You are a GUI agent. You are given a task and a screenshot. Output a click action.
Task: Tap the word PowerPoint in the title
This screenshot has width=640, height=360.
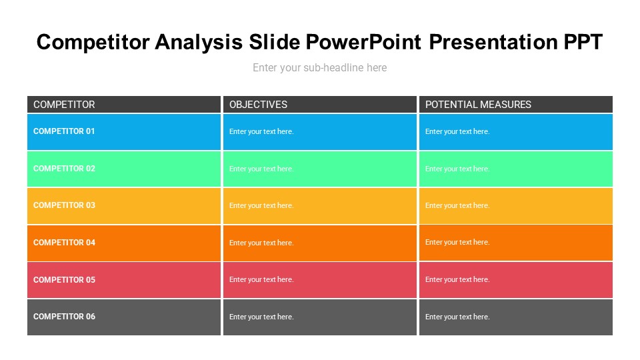point(363,42)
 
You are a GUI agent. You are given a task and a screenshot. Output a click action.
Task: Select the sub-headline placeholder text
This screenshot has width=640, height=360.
point(319,67)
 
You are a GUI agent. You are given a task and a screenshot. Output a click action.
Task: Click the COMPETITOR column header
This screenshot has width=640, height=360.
point(64,105)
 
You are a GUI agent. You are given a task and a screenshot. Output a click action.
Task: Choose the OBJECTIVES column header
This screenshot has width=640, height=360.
point(258,105)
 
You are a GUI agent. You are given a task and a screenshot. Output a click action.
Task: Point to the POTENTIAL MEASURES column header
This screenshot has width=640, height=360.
point(478,105)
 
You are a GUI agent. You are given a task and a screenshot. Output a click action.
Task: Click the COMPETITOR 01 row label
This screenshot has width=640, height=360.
point(64,131)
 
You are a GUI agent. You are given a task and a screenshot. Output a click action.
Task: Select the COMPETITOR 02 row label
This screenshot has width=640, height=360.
point(64,169)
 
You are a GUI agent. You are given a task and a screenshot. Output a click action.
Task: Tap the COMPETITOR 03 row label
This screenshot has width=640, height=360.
point(64,205)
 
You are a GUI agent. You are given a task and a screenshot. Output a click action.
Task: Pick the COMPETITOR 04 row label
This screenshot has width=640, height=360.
point(64,243)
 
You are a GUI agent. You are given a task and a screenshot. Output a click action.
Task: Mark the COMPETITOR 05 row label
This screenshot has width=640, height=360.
point(64,280)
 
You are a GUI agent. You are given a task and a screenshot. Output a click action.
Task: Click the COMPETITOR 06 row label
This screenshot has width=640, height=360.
point(64,317)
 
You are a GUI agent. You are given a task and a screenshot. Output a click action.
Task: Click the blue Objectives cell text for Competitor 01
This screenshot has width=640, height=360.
point(261,132)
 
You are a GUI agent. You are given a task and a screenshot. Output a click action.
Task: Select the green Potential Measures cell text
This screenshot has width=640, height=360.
point(457,169)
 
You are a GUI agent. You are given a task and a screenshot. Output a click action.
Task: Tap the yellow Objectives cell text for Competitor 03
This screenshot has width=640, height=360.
point(261,206)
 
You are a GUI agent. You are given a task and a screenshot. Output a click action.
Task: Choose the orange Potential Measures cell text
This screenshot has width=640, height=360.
point(457,243)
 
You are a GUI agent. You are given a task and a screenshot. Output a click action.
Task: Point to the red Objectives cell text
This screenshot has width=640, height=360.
point(261,280)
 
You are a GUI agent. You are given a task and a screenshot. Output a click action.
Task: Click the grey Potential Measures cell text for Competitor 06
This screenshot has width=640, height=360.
point(457,317)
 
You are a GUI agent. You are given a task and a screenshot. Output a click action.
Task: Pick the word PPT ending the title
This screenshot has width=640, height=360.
point(582,42)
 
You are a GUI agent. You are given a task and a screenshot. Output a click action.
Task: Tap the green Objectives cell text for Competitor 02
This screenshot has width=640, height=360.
point(261,169)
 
